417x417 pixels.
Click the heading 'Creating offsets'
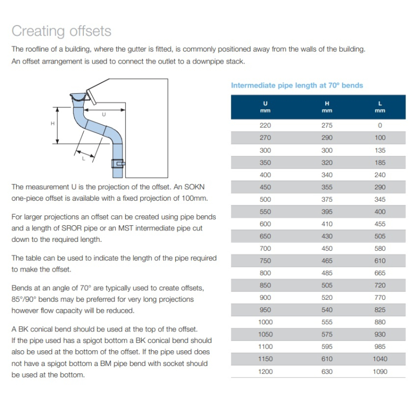tap(62, 31)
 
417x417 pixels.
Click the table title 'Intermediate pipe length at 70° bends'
tap(297, 85)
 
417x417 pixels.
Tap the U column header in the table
tap(265, 106)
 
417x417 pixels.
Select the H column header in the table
tap(327, 106)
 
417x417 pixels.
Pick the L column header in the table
tap(380, 106)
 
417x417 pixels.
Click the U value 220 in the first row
tap(265, 126)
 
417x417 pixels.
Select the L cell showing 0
tap(380, 126)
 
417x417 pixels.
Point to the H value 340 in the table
tap(327, 175)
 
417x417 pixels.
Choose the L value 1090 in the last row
tap(380, 372)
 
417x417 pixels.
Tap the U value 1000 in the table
tap(265, 322)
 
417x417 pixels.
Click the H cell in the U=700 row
tap(327, 249)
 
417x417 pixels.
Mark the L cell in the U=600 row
tap(380, 224)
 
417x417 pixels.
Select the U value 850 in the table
tap(265, 285)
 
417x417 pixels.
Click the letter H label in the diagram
tap(53, 124)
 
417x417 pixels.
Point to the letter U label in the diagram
tap(104, 114)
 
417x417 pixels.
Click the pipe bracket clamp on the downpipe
tap(118, 164)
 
